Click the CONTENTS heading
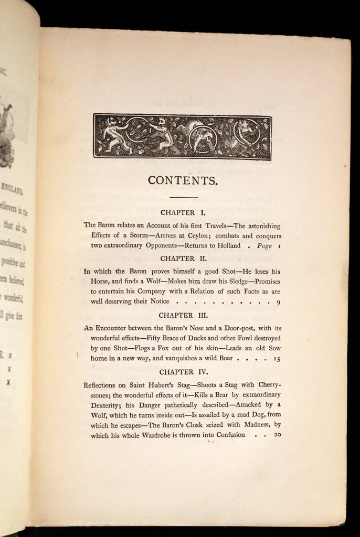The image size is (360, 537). tap(183, 180)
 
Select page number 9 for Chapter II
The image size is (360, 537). tap(278, 302)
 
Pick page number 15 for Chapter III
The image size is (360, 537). tap(277, 359)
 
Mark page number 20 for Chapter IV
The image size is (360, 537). tap(277, 435)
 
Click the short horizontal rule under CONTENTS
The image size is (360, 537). tap(183, 197)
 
